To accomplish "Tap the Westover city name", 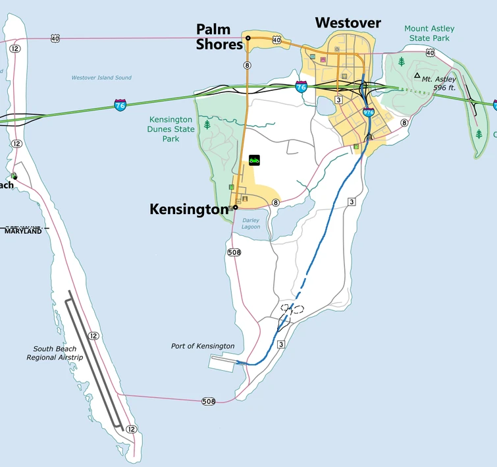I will tap(348, 23).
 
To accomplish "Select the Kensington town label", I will tap(189, 209).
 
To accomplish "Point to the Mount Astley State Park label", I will tap(429, 33).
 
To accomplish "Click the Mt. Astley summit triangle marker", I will tap(416, 76).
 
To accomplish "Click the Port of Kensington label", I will tap(203, 346).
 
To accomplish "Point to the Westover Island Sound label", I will tap(101, 78).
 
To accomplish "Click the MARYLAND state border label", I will tap(23, 231).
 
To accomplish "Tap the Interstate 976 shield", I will tap(368, 113).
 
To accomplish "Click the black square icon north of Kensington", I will tap(254, 160).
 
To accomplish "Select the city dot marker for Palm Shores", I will tap(248, 38).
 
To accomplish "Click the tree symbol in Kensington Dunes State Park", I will tap(208, 124).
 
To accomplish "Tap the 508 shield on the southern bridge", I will tap(209, 401).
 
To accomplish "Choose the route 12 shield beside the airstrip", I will tap(93, 336).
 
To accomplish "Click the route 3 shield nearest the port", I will tap(280, 344).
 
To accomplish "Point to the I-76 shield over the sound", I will tap(120, 105).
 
